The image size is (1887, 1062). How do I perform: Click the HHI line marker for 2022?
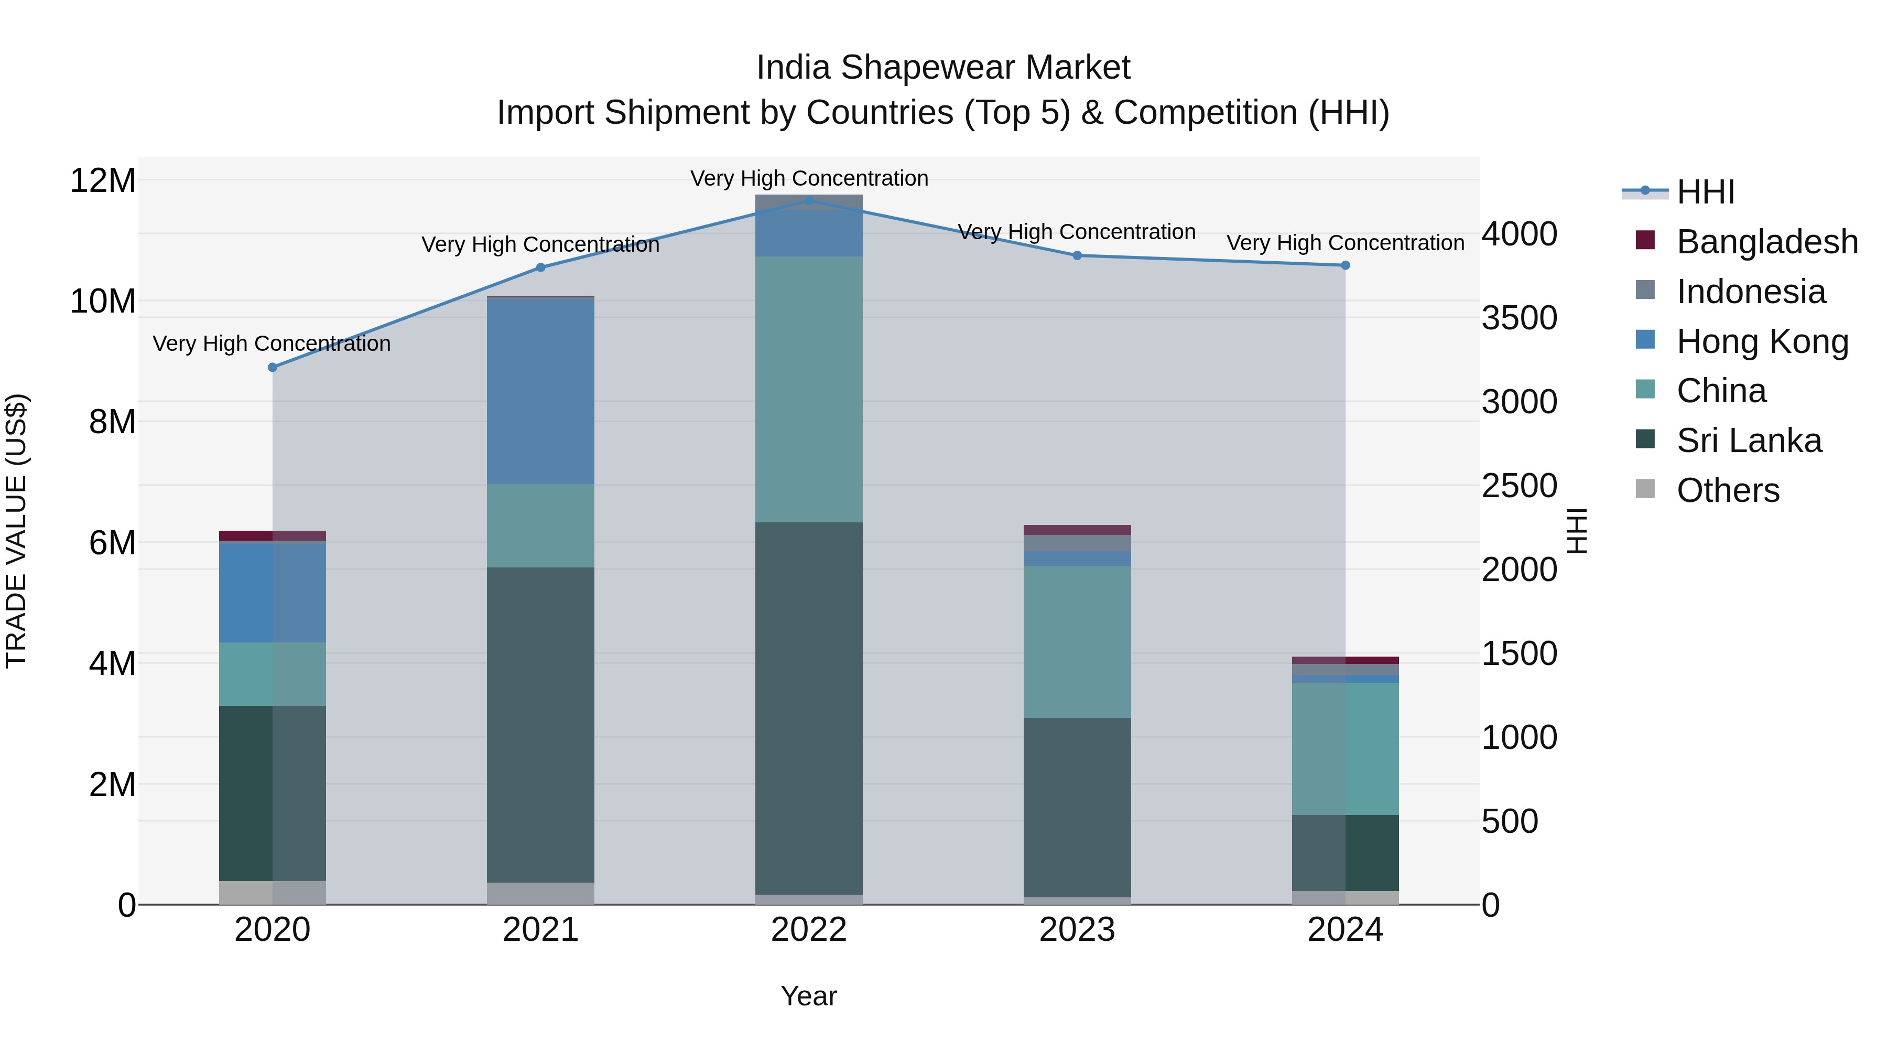(809, 200)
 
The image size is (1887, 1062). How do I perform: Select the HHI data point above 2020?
(273, 367)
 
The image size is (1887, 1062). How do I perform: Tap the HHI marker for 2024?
(1345, 265)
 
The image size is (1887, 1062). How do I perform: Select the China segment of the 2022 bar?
(809, 389)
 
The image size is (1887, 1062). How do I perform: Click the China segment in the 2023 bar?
(1077, 641)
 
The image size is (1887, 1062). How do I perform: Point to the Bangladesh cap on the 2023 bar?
(1077, 530)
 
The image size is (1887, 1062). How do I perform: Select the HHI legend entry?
(1705, 192)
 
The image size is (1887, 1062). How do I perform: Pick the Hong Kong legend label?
(1762, 341)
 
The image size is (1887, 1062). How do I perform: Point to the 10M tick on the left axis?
(103, 301)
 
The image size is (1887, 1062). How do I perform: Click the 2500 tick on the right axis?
(1519, 486)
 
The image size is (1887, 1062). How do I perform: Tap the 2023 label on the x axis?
(1077, 930)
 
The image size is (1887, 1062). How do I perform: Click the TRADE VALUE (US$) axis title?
(16, 531)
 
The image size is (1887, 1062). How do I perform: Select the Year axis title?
(809, 996)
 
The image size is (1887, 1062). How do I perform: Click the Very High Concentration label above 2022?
(809, 178)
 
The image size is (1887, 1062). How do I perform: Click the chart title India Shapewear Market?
(943, 68)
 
